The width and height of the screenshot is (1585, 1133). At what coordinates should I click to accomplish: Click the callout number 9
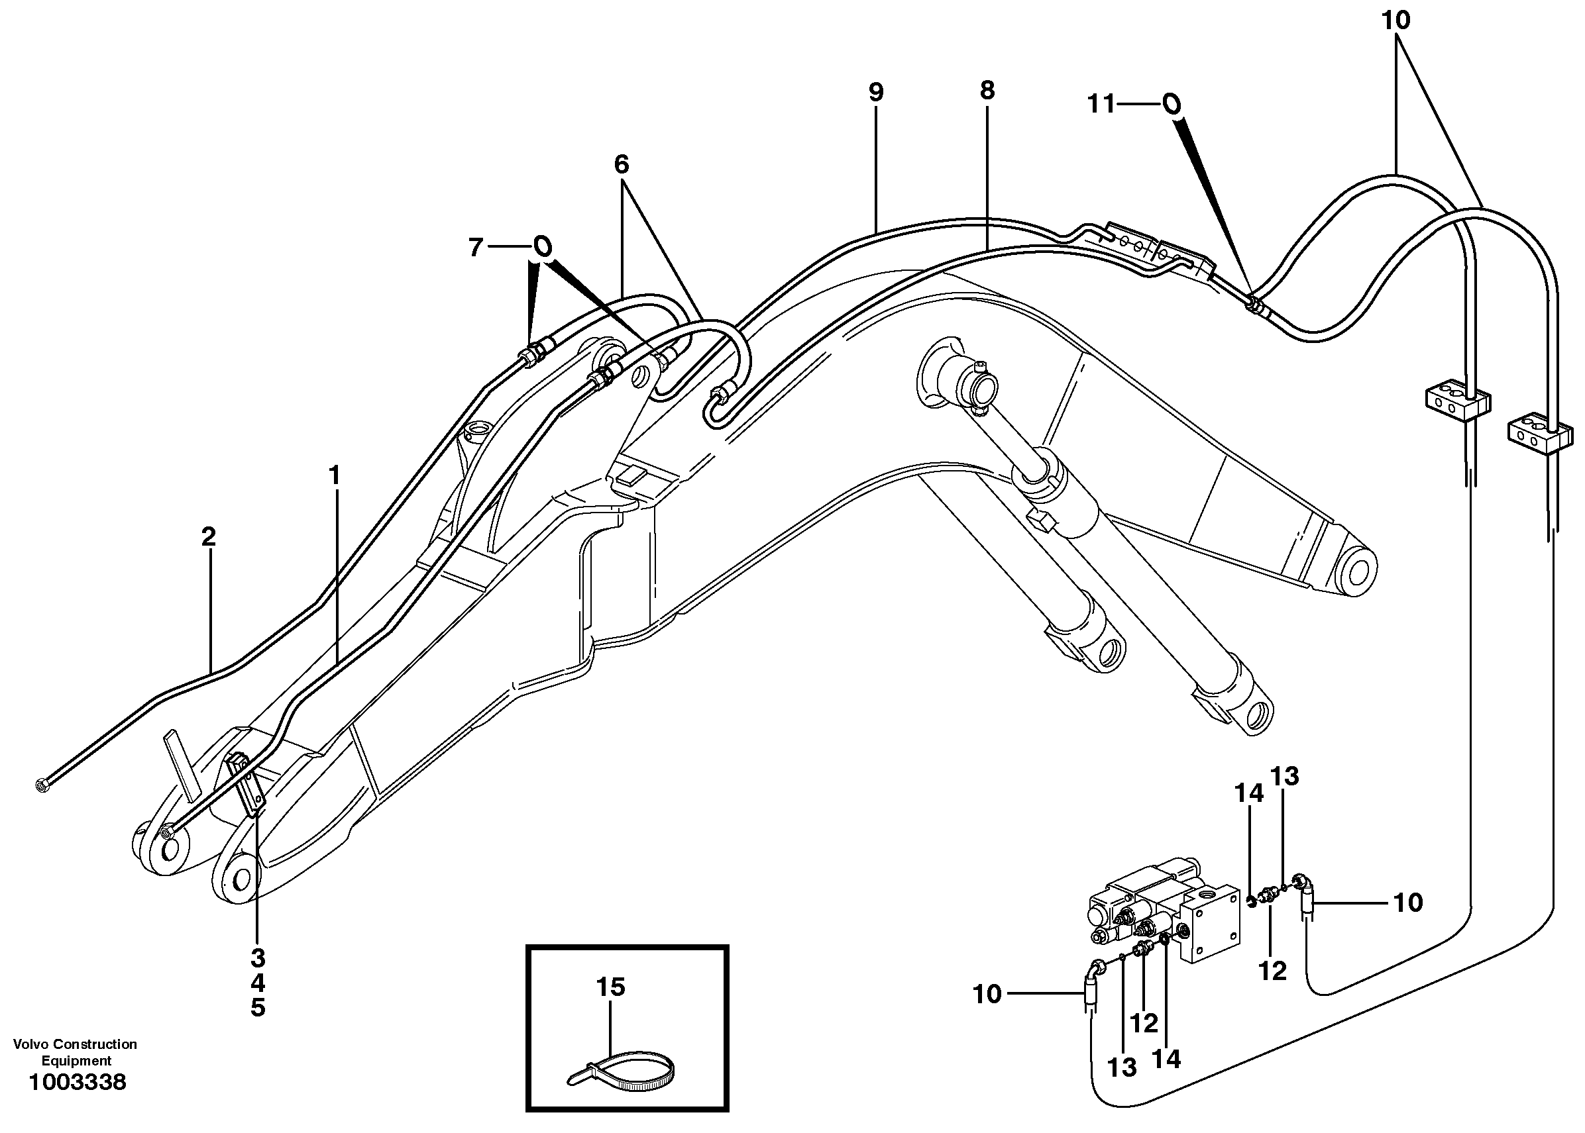point(876,93)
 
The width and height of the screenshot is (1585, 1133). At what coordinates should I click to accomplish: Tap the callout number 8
point(987,91)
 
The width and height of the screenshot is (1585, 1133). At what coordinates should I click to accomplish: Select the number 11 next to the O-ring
point(1102,105)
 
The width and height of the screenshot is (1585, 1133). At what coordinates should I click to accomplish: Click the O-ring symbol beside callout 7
point(542,246)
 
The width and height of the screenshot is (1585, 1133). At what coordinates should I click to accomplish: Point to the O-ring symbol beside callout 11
point(1172,105)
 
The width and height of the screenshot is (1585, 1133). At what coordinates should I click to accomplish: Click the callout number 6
point(621,165)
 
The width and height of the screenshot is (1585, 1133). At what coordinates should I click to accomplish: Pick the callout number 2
point(208,537)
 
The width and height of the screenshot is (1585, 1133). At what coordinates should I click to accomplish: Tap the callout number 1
point(335,477)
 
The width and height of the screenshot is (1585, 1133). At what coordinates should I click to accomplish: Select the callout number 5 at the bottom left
point(258,1008)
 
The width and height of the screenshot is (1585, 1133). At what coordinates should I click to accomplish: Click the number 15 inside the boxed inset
point(610,987)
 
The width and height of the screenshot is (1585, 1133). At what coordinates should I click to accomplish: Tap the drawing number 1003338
point(77,1083)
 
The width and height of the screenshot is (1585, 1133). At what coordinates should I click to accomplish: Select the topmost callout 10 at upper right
point(1396,21)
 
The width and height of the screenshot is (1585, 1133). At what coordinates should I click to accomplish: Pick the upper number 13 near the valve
point(1284,776)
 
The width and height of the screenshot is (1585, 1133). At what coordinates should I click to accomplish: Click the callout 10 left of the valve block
point(987,994)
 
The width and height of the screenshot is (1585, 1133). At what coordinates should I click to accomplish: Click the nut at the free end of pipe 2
point(42,785)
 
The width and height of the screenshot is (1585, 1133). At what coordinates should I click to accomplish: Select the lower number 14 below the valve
point(1166,1059)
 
